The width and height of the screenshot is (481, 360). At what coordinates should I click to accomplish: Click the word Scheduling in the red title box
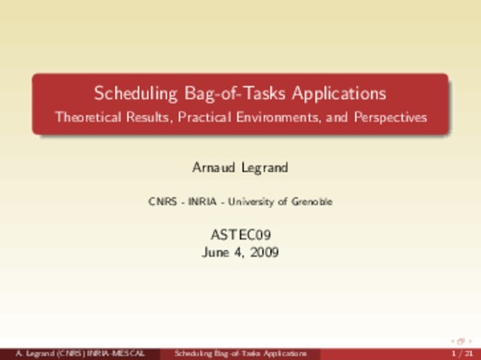(x=136, y=94)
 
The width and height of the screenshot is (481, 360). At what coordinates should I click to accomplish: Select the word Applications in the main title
(x=339, y=94)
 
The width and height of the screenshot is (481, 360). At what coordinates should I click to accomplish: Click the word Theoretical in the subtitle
(x=88, y=117)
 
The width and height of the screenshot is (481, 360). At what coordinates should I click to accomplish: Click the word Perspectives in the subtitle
(x=391, y=117)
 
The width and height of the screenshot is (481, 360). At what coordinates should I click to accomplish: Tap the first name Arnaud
(x=213, y=167)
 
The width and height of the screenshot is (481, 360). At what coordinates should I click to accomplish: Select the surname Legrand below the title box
(x=265, y=168)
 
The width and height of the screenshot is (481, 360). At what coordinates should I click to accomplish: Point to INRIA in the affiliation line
(x=203, y=202)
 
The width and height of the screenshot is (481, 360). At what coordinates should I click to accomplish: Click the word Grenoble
(x=312, y=202)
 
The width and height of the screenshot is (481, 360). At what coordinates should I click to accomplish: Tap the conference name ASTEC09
(x=240, y=235)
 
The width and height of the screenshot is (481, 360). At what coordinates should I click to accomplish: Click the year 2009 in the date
(x=264, y=253)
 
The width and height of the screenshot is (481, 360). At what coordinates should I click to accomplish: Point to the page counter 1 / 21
(x=462, y=354)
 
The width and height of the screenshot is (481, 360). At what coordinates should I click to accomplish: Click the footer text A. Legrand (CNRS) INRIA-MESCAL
(x=80, y=354)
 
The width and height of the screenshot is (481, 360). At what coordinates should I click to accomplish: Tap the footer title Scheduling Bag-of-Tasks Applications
(x=240, y=354)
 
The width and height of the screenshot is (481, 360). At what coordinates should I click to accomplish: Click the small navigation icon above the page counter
(x=461, y=341)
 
